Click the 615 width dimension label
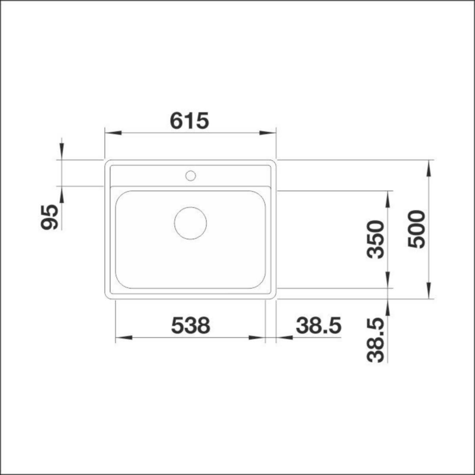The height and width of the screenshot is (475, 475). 189,121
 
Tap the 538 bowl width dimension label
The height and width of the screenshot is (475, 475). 190,325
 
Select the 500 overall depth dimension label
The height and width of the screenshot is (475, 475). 416,229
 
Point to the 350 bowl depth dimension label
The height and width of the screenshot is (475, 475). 375,239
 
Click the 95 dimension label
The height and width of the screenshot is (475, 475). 49,217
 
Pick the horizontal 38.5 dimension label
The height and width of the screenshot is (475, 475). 319,325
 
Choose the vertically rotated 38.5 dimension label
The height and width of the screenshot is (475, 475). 375,340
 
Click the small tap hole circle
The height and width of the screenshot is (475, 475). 190,176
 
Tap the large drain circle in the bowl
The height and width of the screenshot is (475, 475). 190,223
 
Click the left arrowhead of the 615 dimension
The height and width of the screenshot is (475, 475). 113,133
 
